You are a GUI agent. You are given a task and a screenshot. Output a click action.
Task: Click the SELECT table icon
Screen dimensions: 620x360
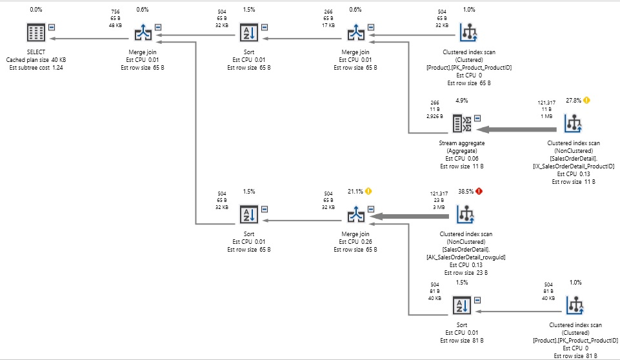(36, 32)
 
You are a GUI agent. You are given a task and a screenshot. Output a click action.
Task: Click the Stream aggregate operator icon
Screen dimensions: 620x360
(461, 123)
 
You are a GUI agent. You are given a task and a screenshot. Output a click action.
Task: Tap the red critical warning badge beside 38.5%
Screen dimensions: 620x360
(479, 192)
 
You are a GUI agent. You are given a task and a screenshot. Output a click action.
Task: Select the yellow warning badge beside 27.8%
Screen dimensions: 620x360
(586, 101)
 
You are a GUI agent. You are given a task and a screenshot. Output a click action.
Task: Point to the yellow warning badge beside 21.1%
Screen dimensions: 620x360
(368, 192)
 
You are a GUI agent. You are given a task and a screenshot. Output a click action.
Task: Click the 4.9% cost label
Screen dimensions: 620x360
(461, 101)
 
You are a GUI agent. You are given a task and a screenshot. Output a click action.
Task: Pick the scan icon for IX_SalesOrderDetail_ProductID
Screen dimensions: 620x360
(573, 123)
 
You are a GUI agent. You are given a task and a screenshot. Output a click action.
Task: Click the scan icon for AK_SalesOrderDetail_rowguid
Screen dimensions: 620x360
(465, 214)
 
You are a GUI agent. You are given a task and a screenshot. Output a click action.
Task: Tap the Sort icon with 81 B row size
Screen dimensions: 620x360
(461, 305)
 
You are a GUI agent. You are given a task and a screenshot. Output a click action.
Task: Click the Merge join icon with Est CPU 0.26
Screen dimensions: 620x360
(355, 214)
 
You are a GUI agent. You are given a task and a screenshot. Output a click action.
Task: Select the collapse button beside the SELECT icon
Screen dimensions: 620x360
(52, 27)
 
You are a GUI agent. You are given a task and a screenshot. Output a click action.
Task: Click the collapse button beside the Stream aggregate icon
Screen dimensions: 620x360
(477, 118)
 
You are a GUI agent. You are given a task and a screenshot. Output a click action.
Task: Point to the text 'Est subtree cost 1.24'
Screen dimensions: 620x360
(36, 68)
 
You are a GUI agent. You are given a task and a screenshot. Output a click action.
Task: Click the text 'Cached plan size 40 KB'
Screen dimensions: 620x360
(36, 60)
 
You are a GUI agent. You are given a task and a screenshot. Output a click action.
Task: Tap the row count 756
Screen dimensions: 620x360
(115, 12)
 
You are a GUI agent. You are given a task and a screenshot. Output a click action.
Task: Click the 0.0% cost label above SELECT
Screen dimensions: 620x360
(36, 10)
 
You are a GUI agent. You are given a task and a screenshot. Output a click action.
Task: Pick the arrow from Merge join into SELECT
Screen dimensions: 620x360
(90, 38)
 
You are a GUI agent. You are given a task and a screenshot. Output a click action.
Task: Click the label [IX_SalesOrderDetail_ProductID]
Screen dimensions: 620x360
(574, 166)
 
